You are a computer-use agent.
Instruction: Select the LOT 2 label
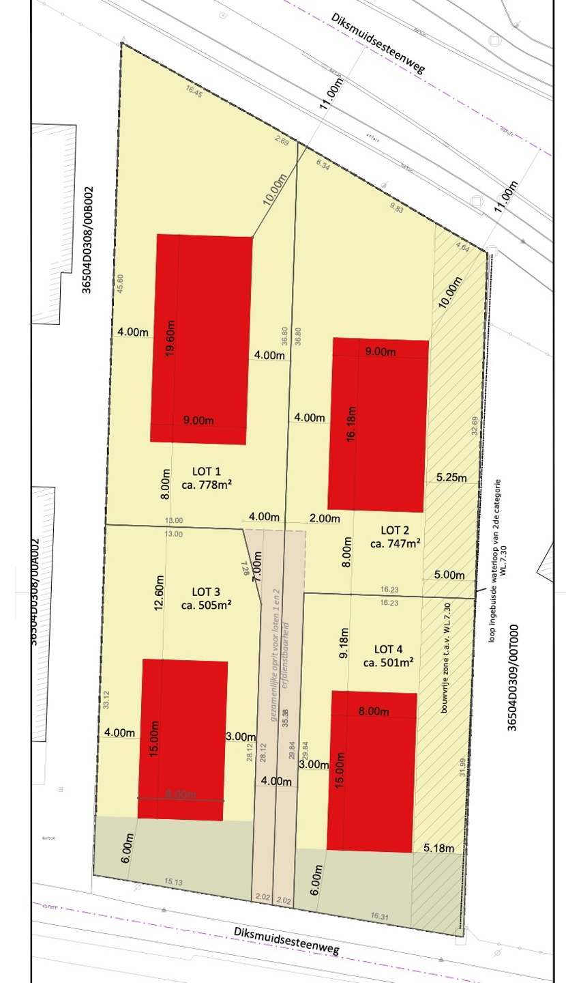[395, 530]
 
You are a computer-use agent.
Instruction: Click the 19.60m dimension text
[170, 339]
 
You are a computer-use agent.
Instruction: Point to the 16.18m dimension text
[352, 424]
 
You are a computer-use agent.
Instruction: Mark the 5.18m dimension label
[438, 848]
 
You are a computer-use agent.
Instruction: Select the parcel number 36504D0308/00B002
[87, 240]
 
